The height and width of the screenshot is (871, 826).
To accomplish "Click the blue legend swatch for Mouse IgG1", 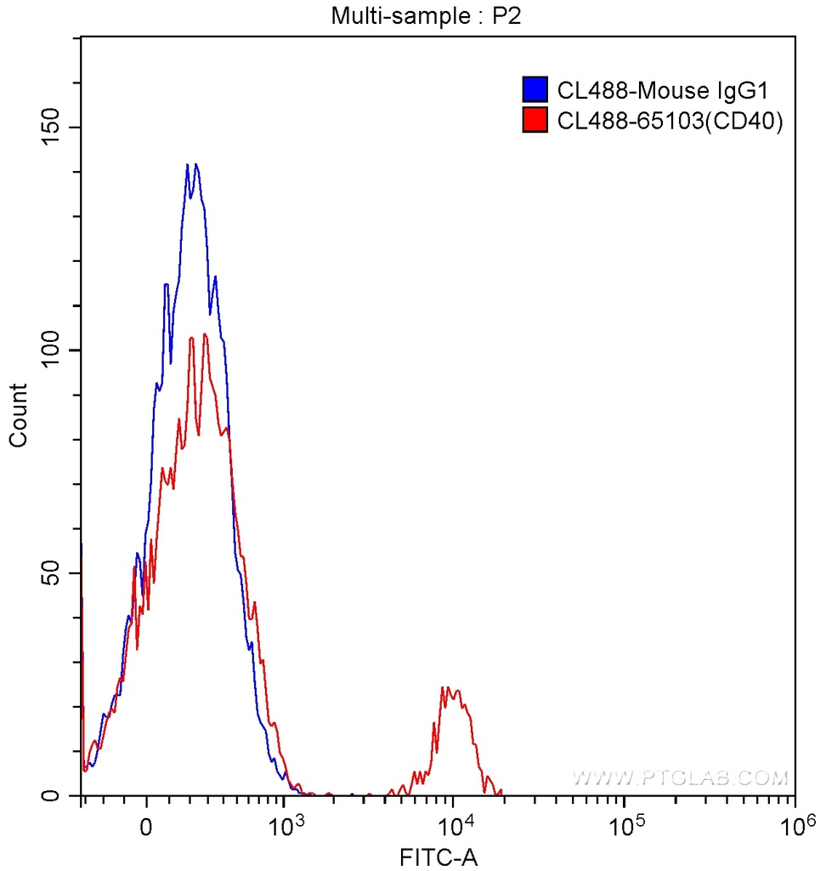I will tap(534, 89).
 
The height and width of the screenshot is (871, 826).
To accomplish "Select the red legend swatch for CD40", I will tap(534, 121).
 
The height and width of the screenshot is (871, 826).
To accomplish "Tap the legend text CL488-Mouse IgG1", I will tap(663, 89).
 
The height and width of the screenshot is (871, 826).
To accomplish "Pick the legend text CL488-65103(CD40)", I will tap(669, 121).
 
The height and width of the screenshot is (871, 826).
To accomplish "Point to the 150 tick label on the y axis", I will tap(54, 127).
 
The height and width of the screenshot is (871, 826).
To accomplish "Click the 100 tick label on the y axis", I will tap(54, 350).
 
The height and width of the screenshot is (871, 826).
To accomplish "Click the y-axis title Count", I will tap(18, 415).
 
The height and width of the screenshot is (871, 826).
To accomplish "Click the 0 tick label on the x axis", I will tap(147, 825).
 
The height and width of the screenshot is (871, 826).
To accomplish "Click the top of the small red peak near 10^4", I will tap(444, 686).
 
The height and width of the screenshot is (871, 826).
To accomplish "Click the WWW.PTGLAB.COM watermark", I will tap(680, 777).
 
